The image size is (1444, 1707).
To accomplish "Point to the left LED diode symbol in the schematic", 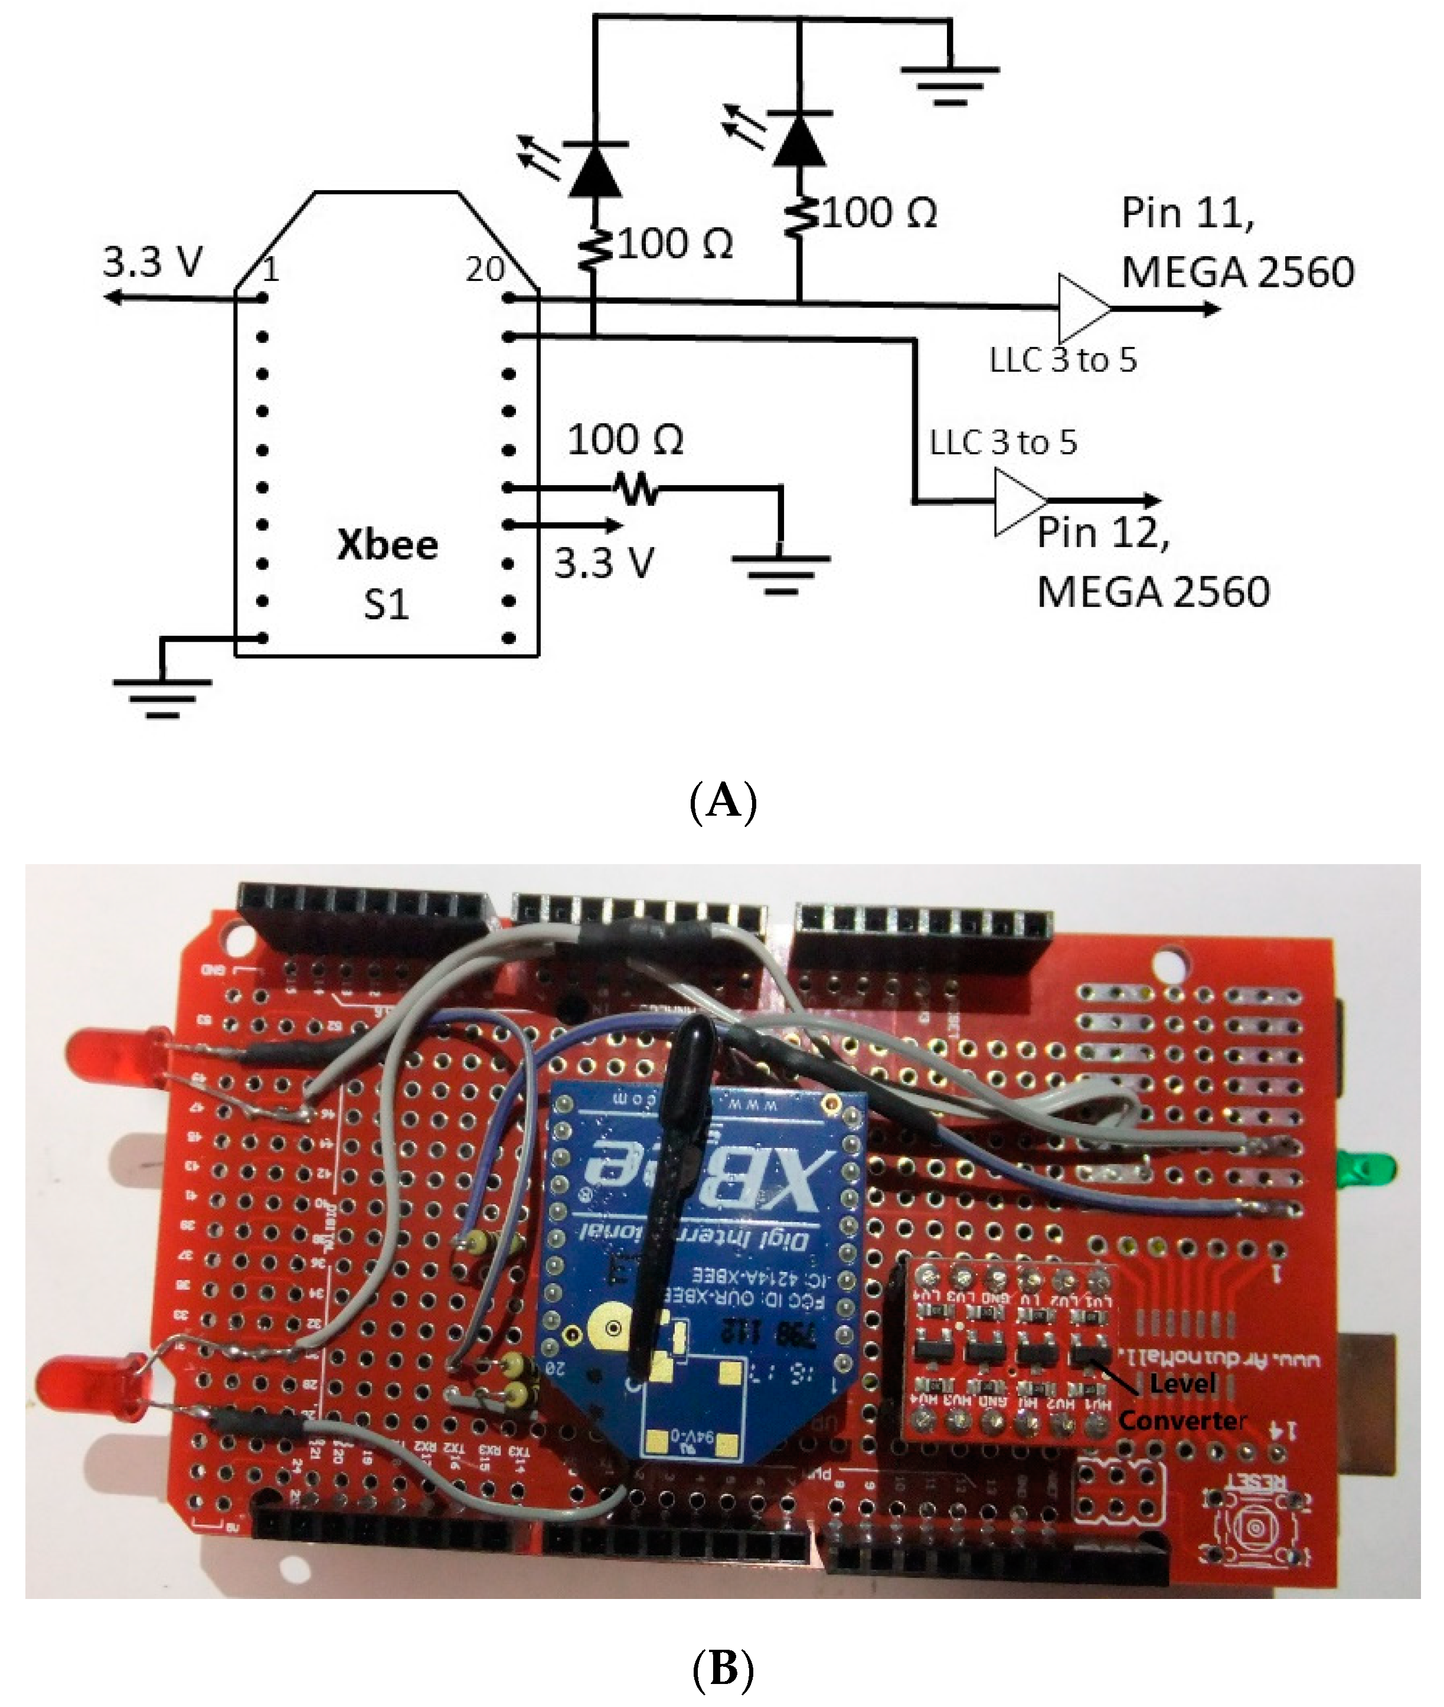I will coord(595,169).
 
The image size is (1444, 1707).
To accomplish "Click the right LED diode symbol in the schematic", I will coord(800,139).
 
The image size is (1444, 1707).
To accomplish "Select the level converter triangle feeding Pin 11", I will coord(1082,309).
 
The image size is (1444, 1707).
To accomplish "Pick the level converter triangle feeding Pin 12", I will coord(1018,501).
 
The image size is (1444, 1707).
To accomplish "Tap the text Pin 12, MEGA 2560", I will coord(1152,561).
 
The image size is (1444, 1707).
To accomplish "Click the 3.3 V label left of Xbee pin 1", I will coord(152,262).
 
